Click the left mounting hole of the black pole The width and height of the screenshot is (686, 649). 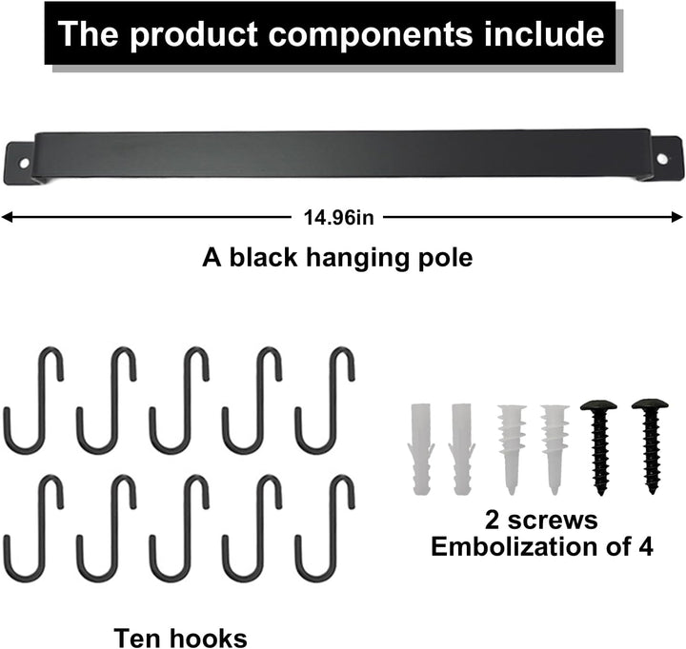tap(24, 164)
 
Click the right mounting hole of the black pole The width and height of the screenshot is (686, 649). tap(662, 159)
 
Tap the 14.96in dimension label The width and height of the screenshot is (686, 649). tap(338, 217)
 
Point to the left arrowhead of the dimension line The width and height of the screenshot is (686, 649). tap(7, 217)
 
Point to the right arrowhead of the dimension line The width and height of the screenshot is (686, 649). tap(677, 217)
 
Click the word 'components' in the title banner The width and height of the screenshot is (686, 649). tap(370, 34)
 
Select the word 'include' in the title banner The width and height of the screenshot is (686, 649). tap(544, 34)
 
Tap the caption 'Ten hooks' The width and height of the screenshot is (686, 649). tap(180, 639)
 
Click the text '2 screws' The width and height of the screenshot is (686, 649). tap(541, 521)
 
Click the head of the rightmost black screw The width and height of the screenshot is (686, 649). tap(650, 404)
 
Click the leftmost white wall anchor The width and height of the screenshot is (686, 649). tap(421, 449)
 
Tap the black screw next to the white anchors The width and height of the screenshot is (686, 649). tap(599, 447)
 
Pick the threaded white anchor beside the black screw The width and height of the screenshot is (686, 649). tap(555, 449)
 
